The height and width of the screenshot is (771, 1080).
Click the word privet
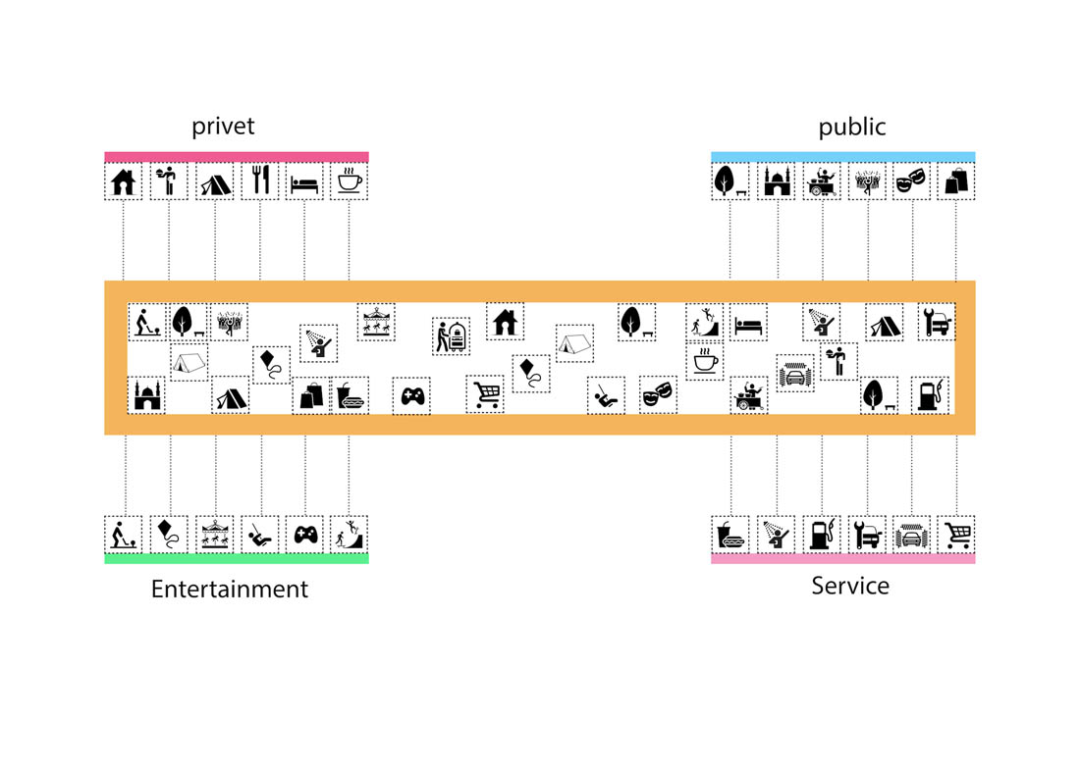[223, 127]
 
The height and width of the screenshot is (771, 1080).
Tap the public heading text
[851, 127]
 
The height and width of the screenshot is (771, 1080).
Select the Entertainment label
[229, 590]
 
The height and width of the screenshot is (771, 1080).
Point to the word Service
[850, 586]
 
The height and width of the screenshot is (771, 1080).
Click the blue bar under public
[842, 156]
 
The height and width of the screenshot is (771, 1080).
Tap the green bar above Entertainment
[237, 558]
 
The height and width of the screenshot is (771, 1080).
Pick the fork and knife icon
[260, 181]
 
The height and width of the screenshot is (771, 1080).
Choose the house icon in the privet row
[124, 182]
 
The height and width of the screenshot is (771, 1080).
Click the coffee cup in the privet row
[350, 181]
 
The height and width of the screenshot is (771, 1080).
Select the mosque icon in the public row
[777, 181]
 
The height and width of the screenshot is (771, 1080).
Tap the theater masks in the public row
[911, 181]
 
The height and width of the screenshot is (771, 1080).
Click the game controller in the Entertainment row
[305, 535]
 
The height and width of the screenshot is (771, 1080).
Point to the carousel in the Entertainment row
[215, 535]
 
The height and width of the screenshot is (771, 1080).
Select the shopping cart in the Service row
[956, 535]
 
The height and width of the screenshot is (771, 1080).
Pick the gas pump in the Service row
[821, 535]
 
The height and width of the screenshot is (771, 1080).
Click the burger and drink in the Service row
[730, 535]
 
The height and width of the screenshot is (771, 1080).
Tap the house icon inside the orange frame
[505, 321]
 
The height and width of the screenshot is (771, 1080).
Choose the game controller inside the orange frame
[411, 396]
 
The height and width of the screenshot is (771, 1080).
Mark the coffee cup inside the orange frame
[704, 360]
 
